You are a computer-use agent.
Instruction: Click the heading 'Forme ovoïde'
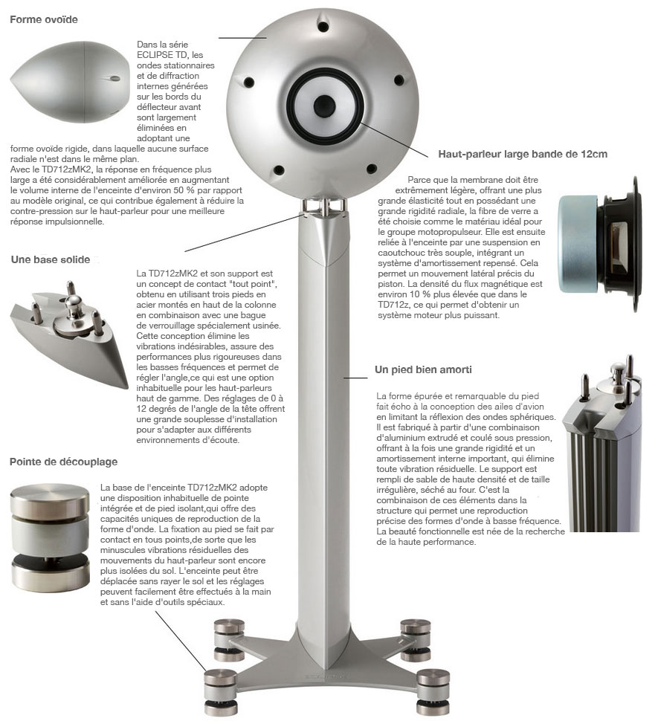(x=44, y=19)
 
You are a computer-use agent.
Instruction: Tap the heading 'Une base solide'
(x=51, y=259)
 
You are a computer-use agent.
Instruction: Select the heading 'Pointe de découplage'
(x=63, y=462)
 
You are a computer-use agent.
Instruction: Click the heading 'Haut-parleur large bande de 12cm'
(x=523, y=154)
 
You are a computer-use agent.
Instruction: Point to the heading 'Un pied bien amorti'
(x=423, y=369)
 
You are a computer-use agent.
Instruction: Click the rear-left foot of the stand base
(x=229, y=640)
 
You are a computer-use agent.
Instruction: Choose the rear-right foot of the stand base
(x=416, y=640)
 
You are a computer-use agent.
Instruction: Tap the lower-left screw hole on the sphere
(x=278, y=169)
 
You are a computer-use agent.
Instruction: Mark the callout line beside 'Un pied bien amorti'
(x=355, y=378)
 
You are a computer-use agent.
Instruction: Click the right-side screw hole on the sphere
(x=398, y=80)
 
